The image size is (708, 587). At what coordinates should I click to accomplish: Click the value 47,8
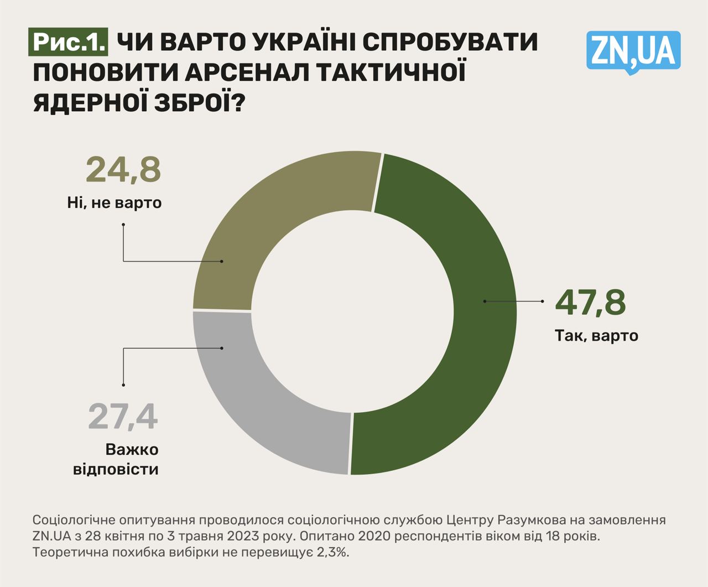pyautogui.click(x=590, y=302)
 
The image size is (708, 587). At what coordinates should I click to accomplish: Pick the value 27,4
pyautogui.click(x=123, y=417)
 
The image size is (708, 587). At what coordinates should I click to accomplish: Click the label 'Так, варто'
pyautogui.click(x=596, y=335)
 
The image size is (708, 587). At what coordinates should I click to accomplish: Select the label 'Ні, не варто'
pyautogui.click(x=114, y=202)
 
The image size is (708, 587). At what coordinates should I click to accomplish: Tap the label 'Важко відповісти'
pyautogui.click(x=116, y=459)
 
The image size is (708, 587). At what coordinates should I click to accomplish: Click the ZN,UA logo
pyautogui.click(x=633, y=51)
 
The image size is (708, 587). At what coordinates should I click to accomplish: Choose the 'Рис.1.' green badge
pyautogui.click(x=69, y=43)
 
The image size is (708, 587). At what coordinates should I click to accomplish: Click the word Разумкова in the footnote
pyautogui.click(x=532, y=520)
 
